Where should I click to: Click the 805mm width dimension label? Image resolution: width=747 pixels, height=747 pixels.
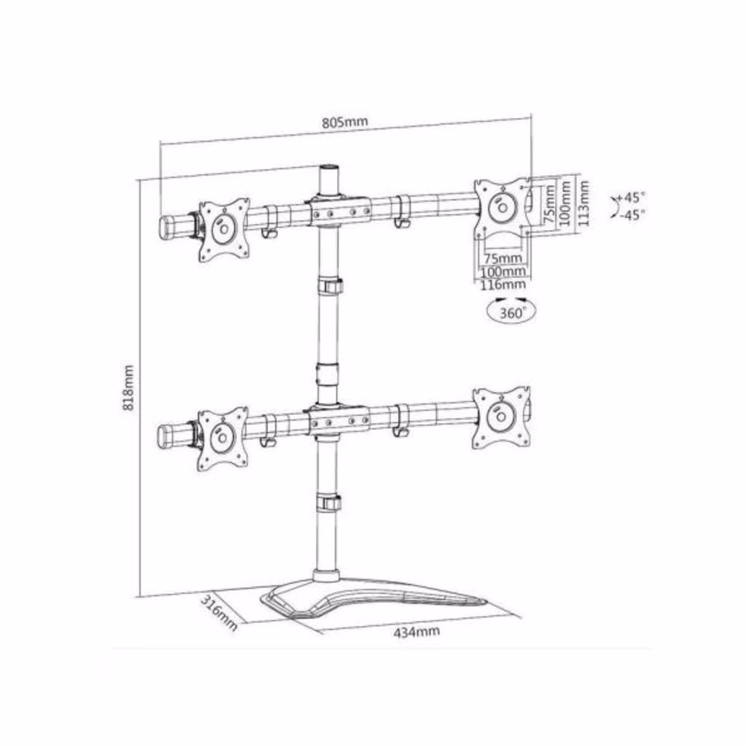pyautogui.click(x=345, y=122)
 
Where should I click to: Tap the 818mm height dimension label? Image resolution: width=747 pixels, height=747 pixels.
pyautogui.click(x=128, y=388)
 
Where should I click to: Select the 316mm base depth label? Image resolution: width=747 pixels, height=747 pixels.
pyautogui.click(x=219, y=612)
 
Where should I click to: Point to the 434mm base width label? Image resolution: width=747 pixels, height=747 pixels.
pyautogui.click(x=417, y=632)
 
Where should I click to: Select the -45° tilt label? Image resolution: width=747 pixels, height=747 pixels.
pyautogui.click(x=632, y=215)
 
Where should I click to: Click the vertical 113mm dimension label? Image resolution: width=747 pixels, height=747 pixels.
pyautogui.click(x=583, y=203)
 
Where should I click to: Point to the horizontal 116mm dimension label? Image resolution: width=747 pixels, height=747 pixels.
pyautogui.click(x=502, y=285)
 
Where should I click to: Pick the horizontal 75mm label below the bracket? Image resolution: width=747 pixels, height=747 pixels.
pyautogui.click(x=503, y=259)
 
